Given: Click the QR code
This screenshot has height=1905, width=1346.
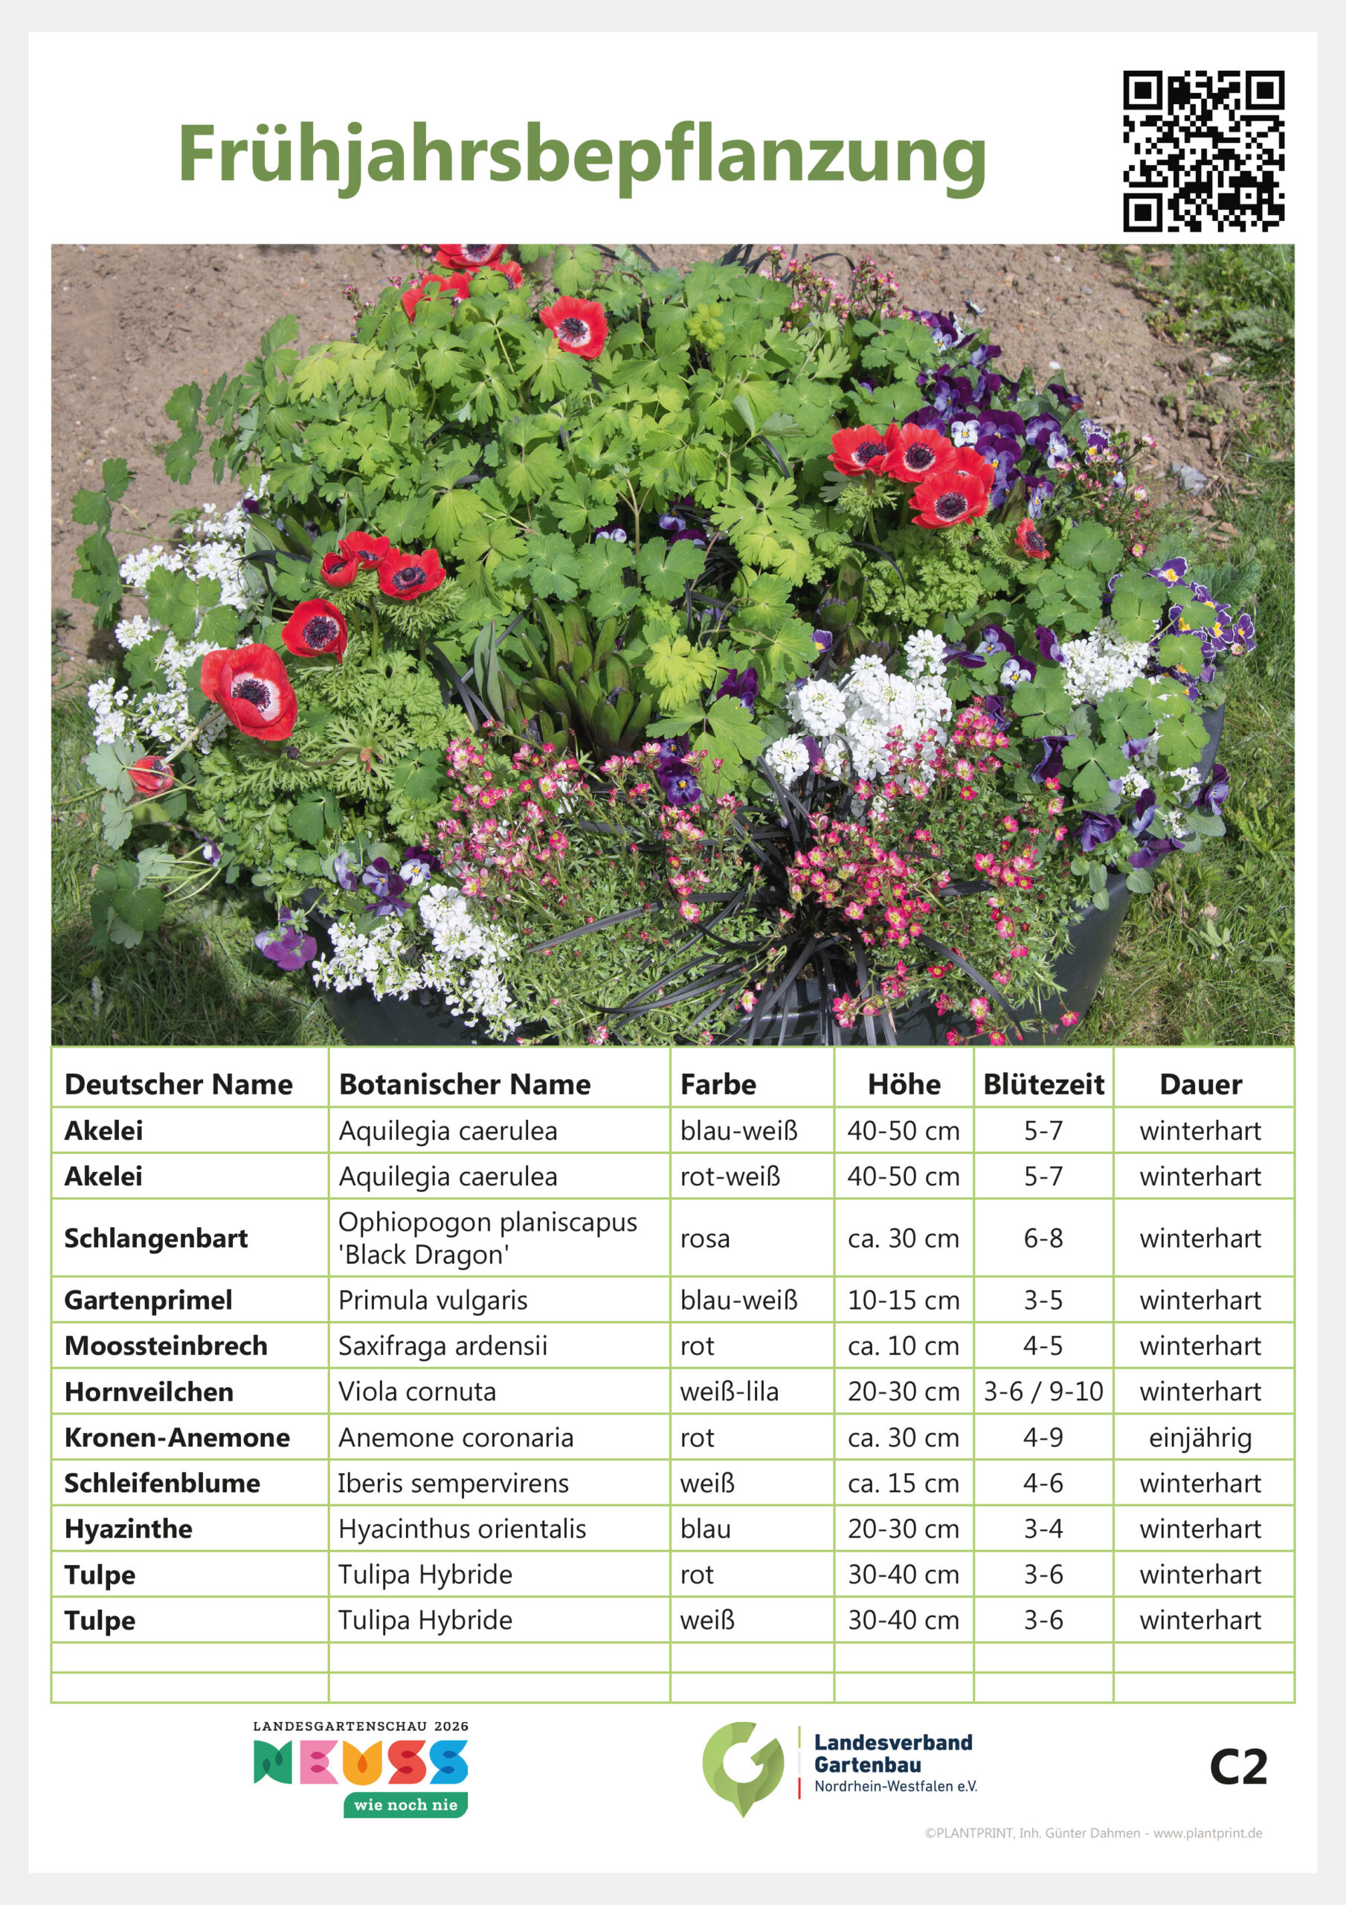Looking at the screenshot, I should click(x=1203, y=151).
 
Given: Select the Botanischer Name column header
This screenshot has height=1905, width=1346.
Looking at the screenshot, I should click(x=465, y=1084).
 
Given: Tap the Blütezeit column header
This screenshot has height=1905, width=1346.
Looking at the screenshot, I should click(x=1043, y=1084).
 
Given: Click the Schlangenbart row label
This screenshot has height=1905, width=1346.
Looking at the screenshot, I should click(x=156, y=1238).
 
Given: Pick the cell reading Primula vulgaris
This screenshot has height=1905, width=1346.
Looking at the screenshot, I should click(x=432, y=1300).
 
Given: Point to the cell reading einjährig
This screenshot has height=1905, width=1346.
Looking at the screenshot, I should click(x=1200, y=1437).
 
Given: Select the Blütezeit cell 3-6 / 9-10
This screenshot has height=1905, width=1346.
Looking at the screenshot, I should click(x=1043, y=1392).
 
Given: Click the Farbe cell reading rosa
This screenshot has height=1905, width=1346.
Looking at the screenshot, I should click(x=705, y=1238).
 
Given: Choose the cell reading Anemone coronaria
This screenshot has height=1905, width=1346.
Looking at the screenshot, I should click(x=455, y=1437).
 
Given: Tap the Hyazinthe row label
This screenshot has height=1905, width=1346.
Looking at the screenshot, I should click(x=129, y=1528).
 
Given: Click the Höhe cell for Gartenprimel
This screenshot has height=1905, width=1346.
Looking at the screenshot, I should click(x=903, y=1300).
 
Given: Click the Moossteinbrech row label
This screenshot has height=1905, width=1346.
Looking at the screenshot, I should click(x=166, y=1346).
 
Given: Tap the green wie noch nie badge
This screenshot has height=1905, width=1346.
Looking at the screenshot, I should click(x=405, y=1805).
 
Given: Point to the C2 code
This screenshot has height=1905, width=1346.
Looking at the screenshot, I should click(x=1237, y=1767).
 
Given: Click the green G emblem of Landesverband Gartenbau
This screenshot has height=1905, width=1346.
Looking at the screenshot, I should click(x=742, y=1767).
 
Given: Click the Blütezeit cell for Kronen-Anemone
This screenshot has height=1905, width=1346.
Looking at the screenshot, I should click(x=1043, y=1437).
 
